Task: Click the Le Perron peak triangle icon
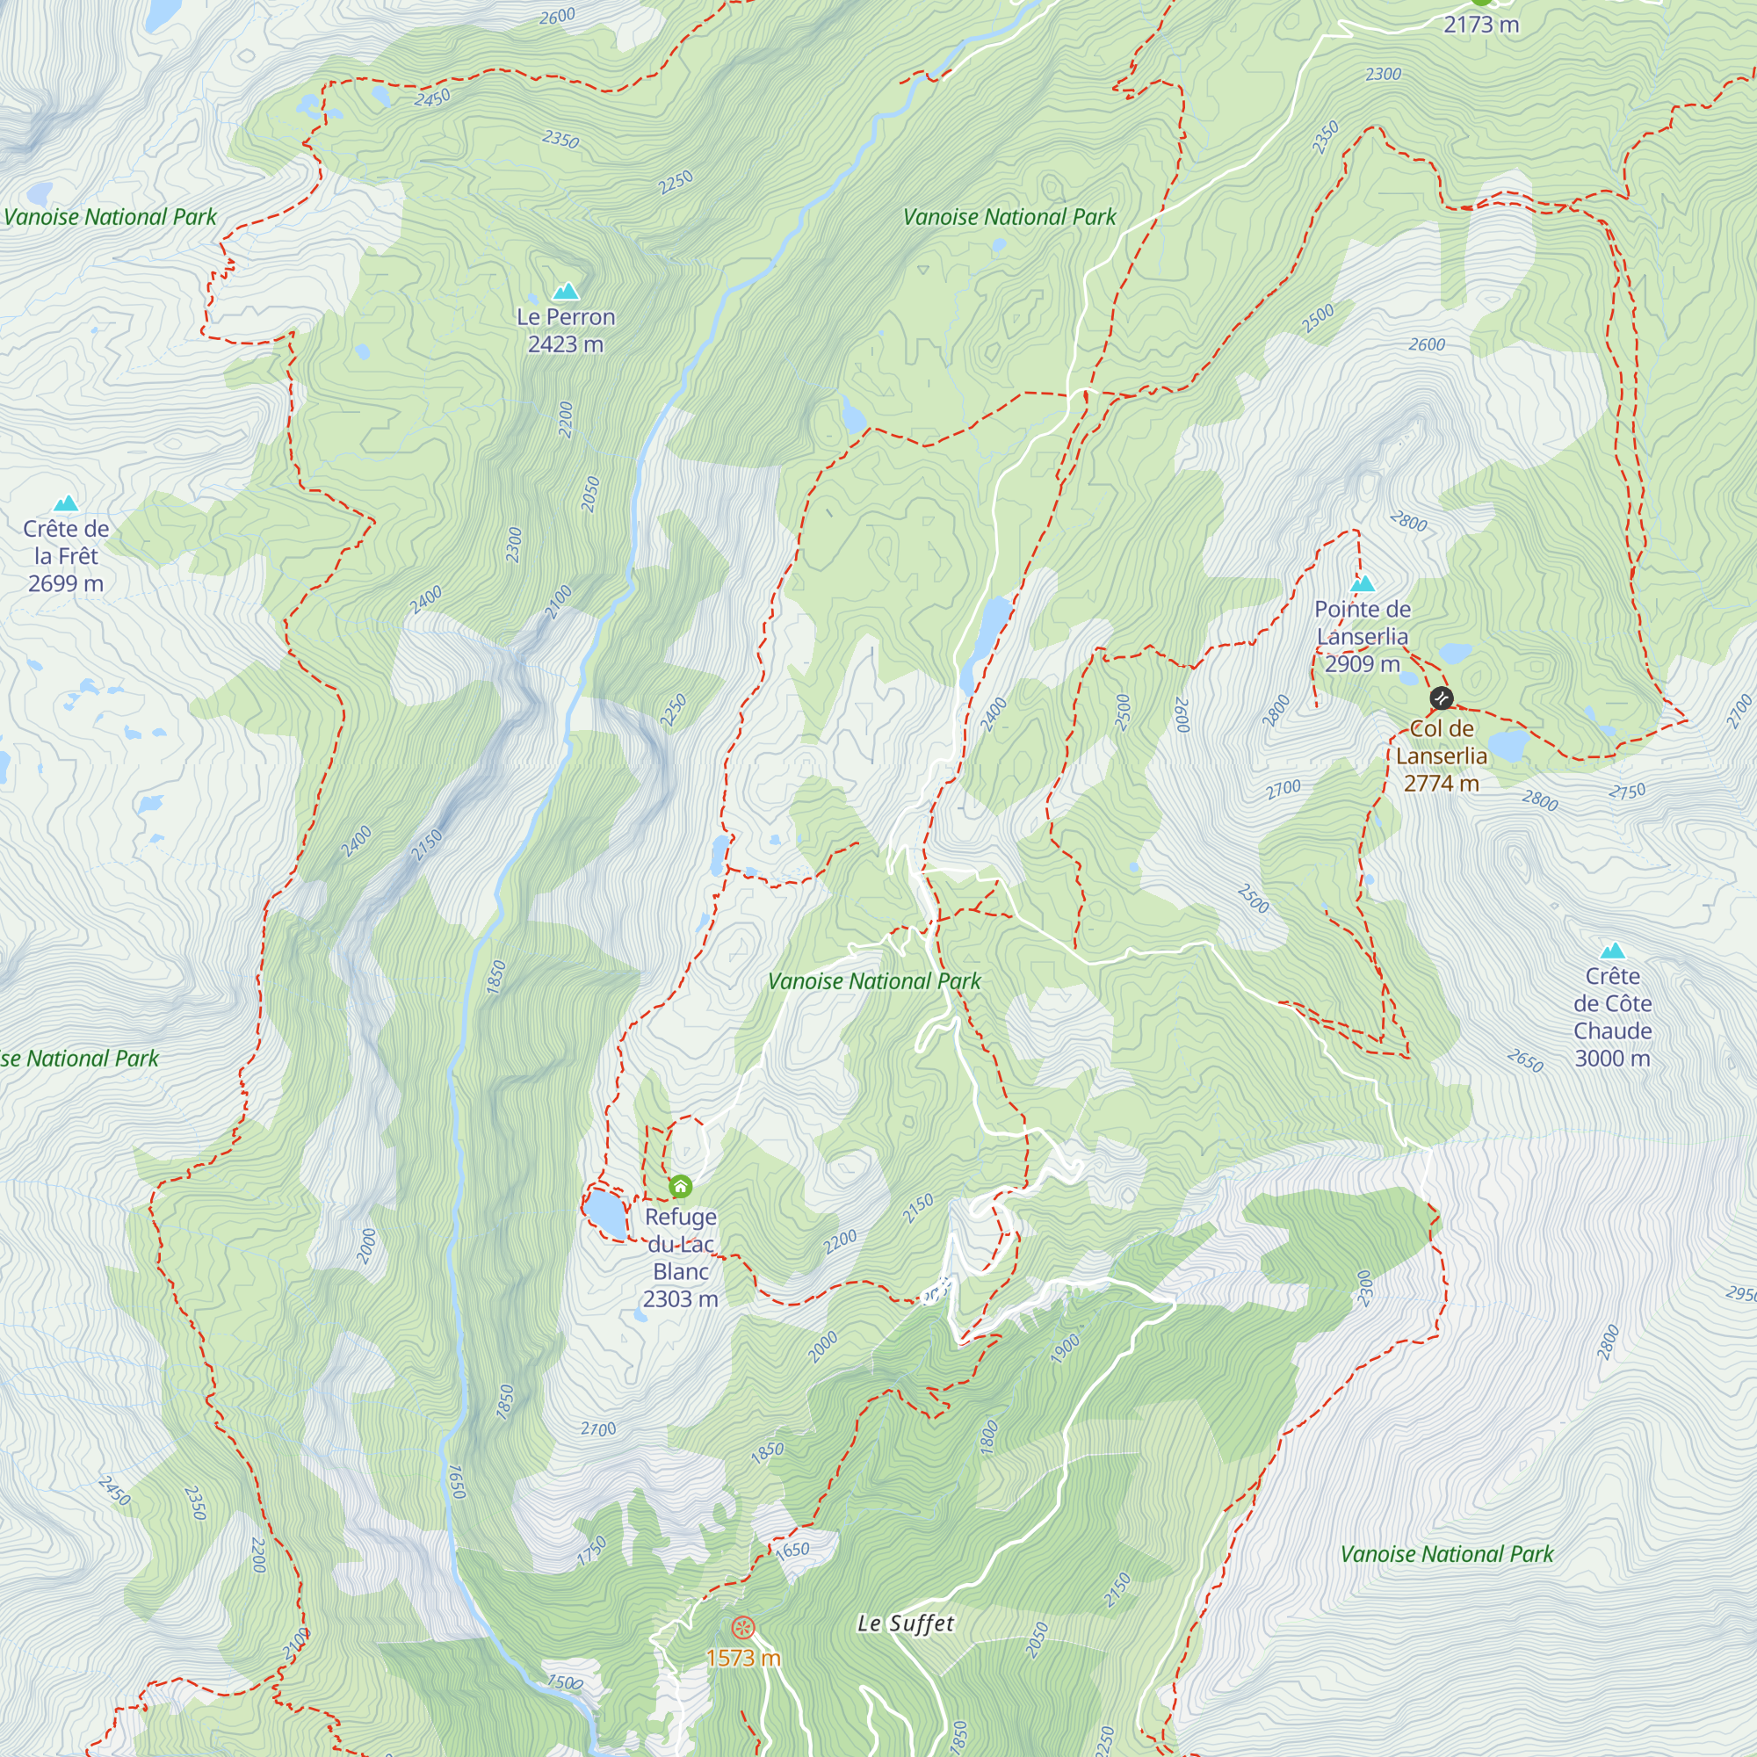[566, 291]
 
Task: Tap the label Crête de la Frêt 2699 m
[66, 556]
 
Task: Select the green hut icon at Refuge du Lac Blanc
[680, 1186]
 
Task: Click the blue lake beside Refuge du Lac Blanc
[604, 1213]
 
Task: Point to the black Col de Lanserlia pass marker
[1442, 698]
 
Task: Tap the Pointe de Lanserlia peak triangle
[1363, 583]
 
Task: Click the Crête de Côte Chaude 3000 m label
[1612, 1016]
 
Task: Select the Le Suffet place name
[906, 1623]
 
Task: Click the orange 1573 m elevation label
[743, 1658]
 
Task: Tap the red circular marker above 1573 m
[743, 1627]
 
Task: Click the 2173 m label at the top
[1481, 25]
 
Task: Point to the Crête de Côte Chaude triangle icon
[1612, 951]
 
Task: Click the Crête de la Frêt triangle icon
[66, 503]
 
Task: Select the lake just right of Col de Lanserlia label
[1508, 746]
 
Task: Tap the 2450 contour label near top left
[432, 98]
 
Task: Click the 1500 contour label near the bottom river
[564, 1682]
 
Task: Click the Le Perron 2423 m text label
[566, 330]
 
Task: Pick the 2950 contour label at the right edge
[1740, 1293]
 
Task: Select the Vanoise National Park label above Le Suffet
[1446, 1554]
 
